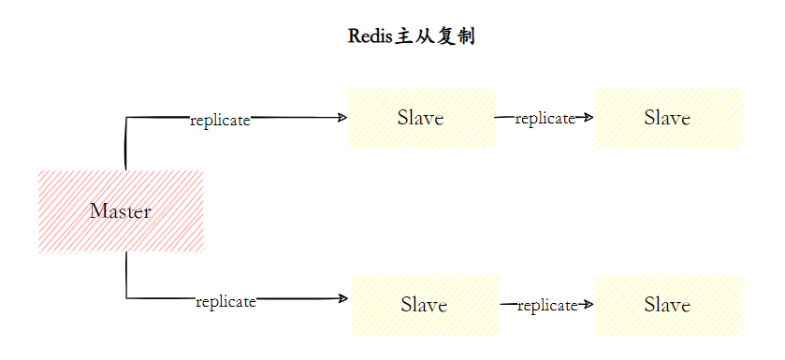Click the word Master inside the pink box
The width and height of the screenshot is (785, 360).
(121, 211)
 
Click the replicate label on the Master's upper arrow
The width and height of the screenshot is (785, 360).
(220, 121)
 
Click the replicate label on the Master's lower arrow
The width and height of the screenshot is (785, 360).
(225, 301)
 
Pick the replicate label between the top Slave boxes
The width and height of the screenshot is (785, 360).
(545, 118)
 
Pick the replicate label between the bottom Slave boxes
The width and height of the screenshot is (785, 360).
(546, 305)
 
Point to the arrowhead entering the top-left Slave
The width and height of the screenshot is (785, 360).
(343, 117)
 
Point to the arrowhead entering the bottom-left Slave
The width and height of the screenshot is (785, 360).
(343, 298)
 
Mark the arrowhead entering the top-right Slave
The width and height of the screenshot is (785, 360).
(589, 117)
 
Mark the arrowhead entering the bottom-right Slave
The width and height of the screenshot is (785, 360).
(589, 304)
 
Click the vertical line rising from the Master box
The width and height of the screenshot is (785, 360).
(125, 145)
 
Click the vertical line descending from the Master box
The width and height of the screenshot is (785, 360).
(126, 276)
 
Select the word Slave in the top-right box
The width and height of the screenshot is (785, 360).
(668, 118)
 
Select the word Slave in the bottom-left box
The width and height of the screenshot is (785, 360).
(424, 305)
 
